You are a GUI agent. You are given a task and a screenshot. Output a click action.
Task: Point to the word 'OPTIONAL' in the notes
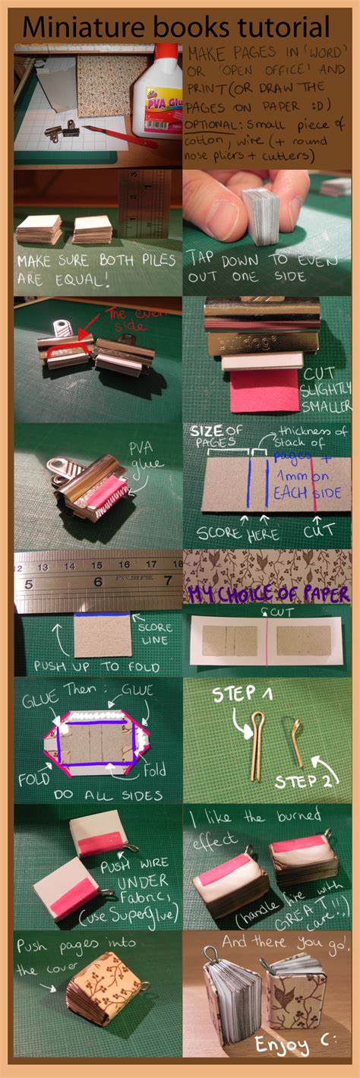[215, 123]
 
